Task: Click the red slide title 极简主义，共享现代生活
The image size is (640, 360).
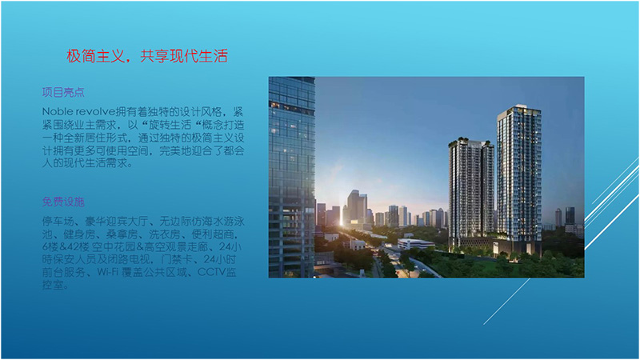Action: [x=147, y=56]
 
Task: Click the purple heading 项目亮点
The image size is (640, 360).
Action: [x=63, y=92]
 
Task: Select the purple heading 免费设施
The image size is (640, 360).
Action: [x=63, y=202]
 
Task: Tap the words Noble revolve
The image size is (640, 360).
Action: [x=78, y=111]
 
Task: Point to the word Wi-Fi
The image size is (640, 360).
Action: [x=109, y=272]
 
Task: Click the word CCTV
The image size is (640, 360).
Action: [x=211, y=272]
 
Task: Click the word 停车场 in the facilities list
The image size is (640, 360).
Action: [x=58, y=222]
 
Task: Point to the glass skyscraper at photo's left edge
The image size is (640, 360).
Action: [x=291, y=177]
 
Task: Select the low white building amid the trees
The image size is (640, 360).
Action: [x=415, y=244]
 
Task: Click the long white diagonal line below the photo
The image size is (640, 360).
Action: [x=507, y=302]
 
